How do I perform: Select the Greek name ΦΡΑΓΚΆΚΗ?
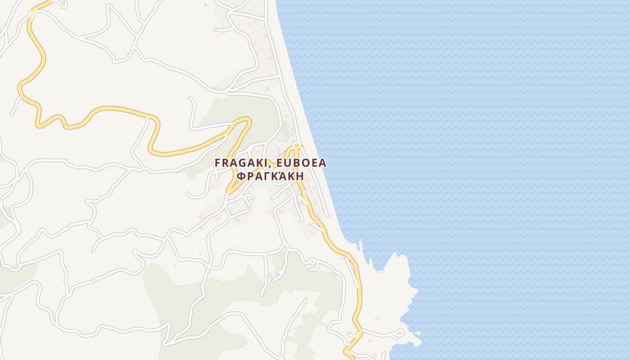[270, 176]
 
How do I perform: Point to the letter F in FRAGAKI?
[218, 163]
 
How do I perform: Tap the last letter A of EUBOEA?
[322, 163]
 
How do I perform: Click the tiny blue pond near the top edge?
[205, 4]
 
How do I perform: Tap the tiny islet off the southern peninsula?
[418, 333]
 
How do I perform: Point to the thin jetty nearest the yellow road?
[360, 245]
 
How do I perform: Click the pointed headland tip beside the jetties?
[396, 253]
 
